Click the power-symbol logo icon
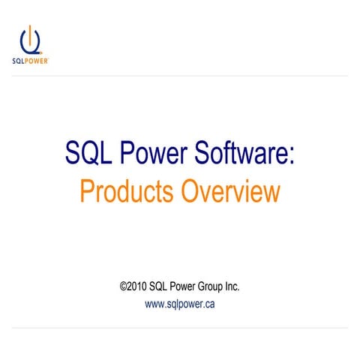(x=29, y=40)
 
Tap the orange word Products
(x=127, y=192)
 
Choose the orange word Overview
(x=230, y=192)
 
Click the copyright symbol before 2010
(x=124, y=286)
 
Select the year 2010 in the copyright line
(x=137, y=286)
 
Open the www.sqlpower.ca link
(x=179, y=304)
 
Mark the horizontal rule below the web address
(x=180, y=327)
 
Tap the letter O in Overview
(x=190, y=192)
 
